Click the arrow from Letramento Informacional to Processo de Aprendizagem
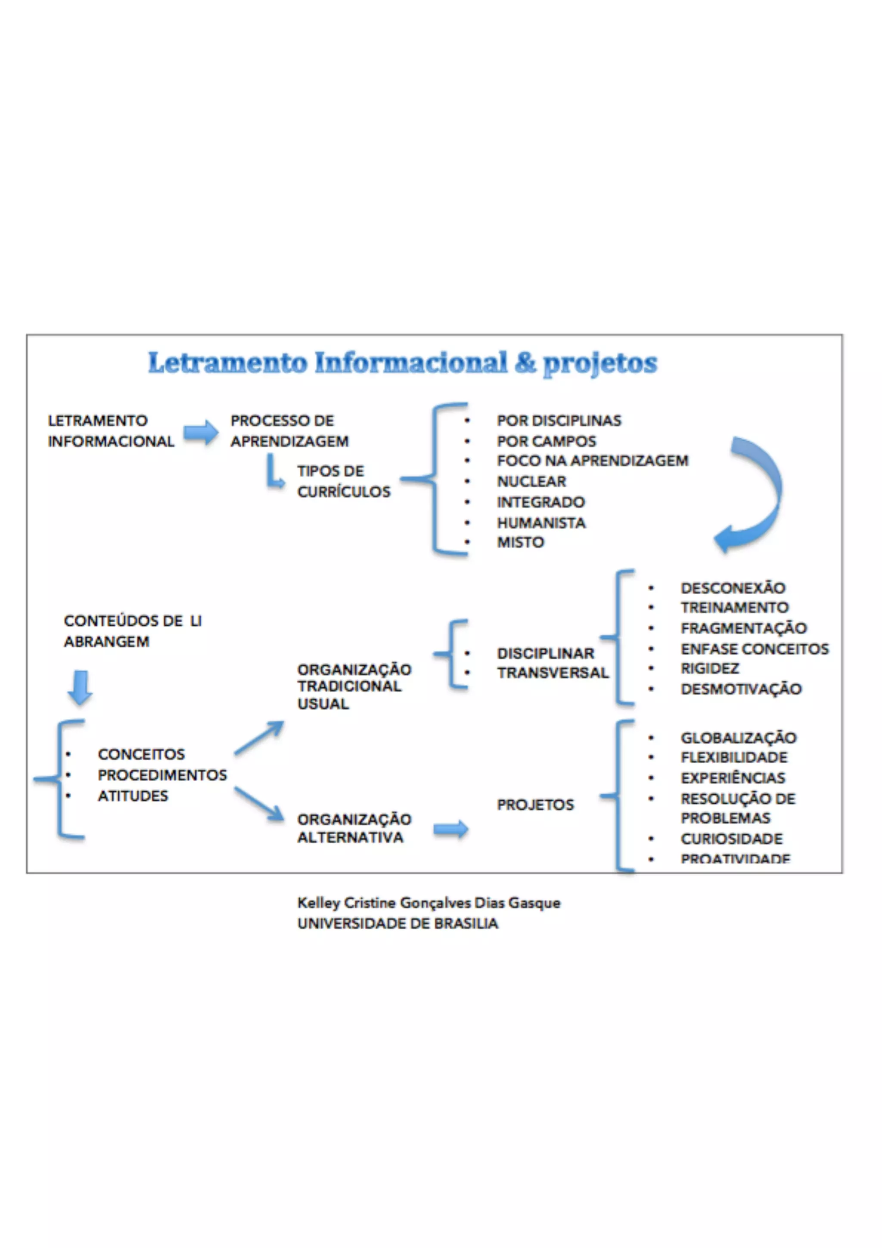pos(200,432)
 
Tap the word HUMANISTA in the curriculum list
pos(541,522)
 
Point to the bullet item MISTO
pos(520,542)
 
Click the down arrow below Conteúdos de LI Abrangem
pos(80,688)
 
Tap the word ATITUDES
pos(133,796)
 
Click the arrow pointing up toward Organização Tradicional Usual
pos(259,738)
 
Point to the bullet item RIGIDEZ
pos(709,668)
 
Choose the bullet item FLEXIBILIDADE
pos(734,757)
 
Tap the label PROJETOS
pos(535,805)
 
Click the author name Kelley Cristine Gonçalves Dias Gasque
pos(429,903)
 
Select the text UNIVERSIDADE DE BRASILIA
pos(398,924)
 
